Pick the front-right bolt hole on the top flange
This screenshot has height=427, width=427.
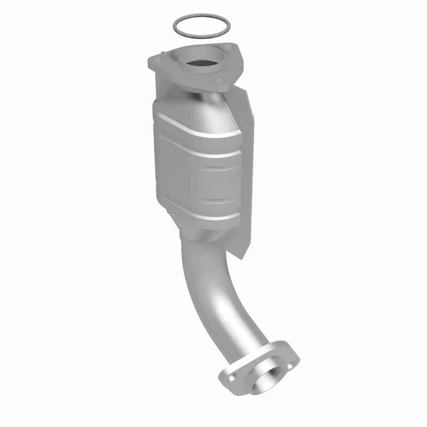tap(221, 81)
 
